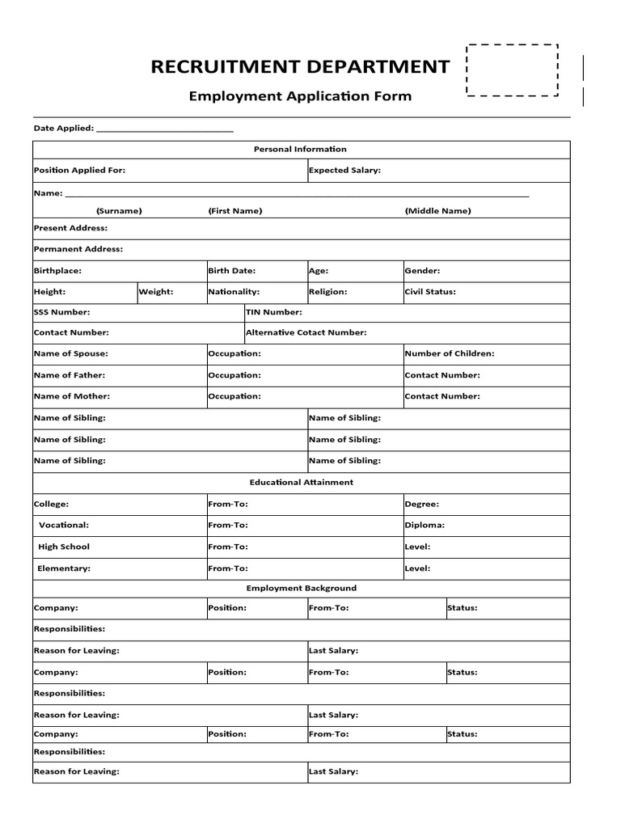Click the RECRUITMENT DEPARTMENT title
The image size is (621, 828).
pos(299,67)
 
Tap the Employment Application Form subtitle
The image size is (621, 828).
pos(300,96)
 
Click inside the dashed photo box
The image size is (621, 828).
pos(513,70)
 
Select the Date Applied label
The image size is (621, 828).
pos(64,128)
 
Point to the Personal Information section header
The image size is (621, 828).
pos(300,149)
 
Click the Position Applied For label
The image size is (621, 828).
pos(79,171)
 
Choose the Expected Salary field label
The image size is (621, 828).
pos(344,171)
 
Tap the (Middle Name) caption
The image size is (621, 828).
pos(437,211)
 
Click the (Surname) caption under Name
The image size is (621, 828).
pos(119,211)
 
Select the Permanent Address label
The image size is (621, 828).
pos(78,249)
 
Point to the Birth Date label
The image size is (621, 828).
pos(231,271)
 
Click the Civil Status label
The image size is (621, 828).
pos(430,292)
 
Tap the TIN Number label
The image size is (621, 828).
pos(274,311)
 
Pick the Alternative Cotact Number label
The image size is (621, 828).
pos(306,332)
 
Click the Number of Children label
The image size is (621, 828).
pos(450,353)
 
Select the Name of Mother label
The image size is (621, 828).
pos(71,396)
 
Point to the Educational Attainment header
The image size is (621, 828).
pos(301,483)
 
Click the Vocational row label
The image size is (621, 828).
pos(64,525)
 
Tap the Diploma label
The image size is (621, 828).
pos(425,525)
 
